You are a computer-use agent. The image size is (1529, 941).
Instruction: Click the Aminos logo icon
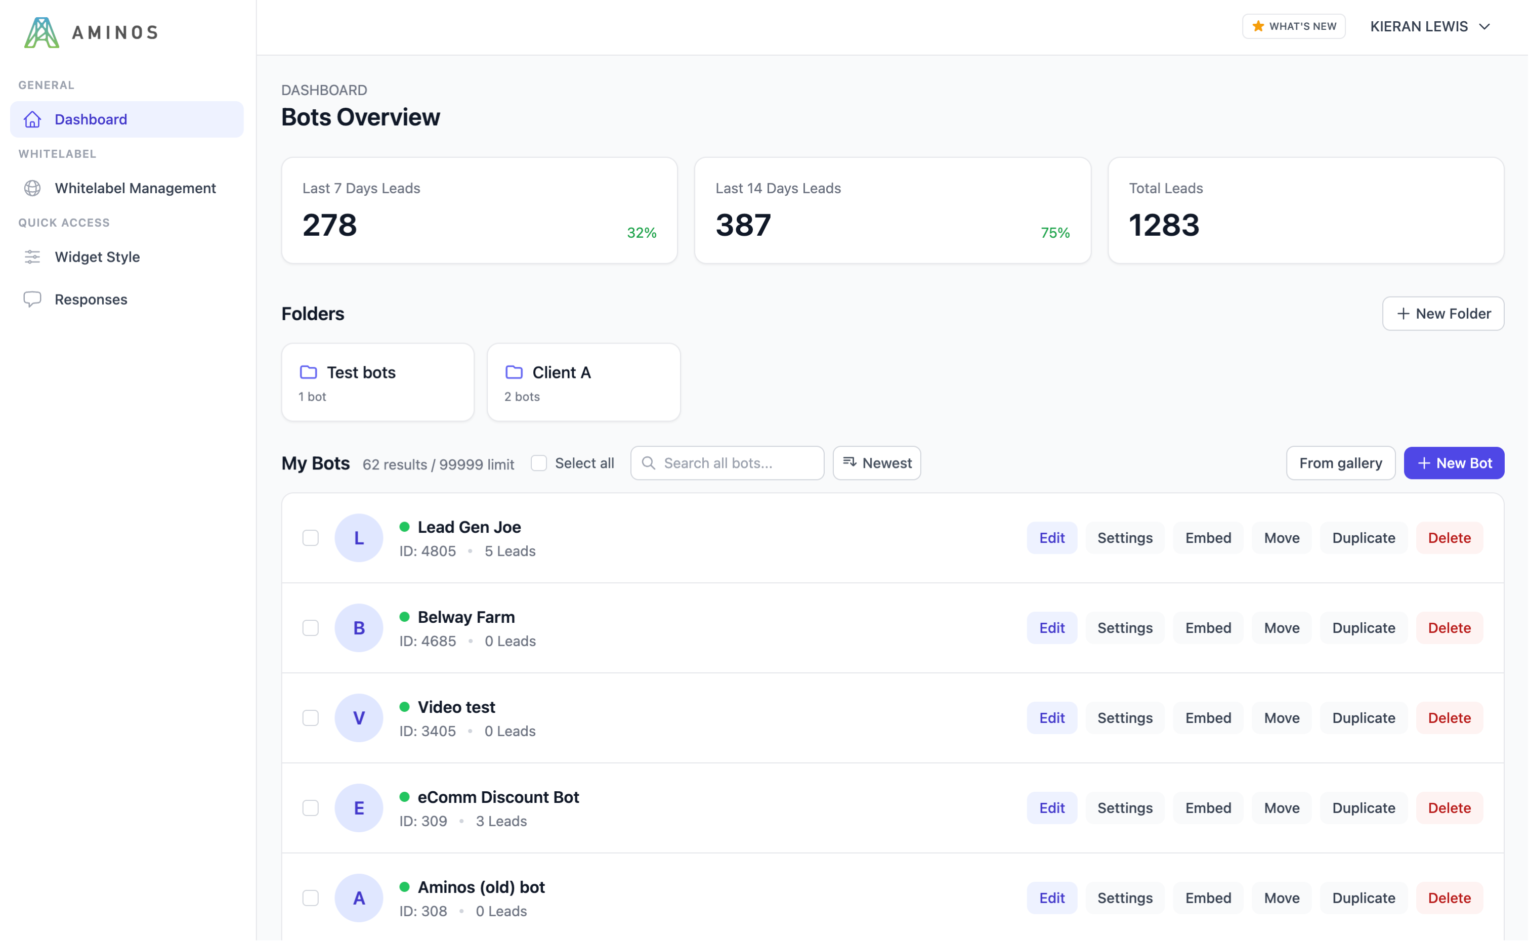41,32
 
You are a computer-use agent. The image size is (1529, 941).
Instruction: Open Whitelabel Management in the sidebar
135,188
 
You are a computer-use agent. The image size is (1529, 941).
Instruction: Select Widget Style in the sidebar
97,256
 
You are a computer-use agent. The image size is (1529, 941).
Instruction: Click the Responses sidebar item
91,300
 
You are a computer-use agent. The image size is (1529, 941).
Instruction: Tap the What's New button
1293,26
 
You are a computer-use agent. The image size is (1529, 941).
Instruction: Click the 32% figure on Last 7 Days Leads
641,233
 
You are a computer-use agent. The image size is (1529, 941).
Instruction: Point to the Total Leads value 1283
1163,225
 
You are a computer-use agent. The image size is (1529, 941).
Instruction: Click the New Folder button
1442,314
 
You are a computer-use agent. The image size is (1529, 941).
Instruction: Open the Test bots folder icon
309,372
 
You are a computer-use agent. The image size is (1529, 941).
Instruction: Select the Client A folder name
561,372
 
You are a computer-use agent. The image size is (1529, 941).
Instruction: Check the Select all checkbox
539,463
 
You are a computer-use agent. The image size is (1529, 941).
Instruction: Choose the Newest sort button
876,463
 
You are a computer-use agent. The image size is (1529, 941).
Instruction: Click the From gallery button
1340,463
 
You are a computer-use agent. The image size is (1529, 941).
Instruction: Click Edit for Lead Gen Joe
1052,538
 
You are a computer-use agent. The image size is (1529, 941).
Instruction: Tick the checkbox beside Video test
311,717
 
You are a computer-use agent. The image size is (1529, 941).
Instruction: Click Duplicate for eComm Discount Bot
1363,808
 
